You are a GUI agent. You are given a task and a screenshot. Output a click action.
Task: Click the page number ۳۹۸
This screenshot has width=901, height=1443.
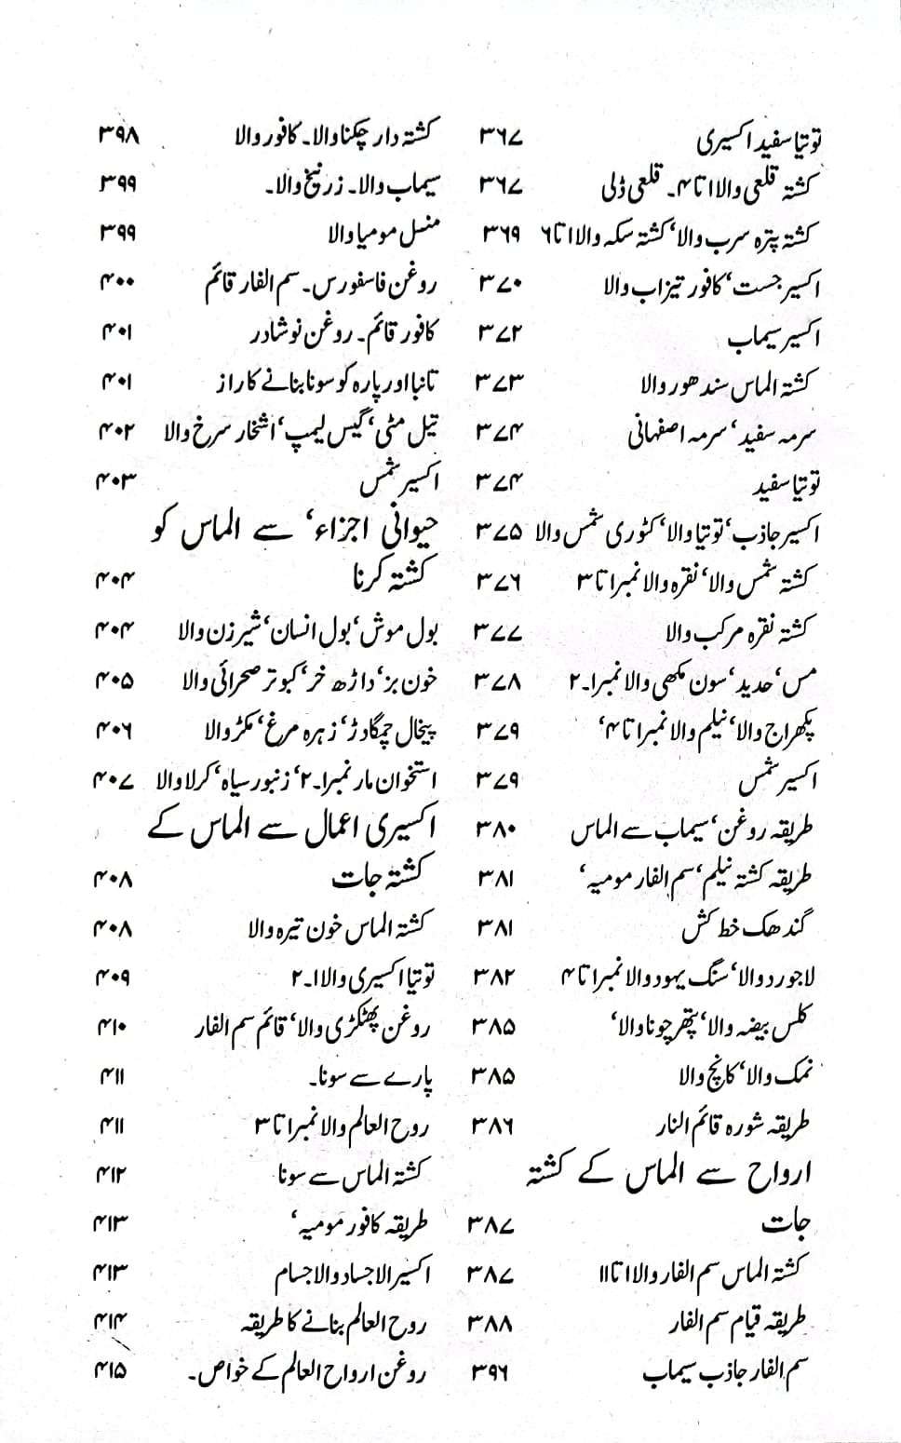(x=118, y=136)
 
